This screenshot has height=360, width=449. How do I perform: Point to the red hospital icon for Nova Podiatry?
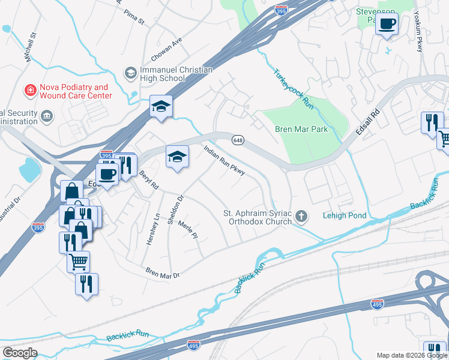point(28,91)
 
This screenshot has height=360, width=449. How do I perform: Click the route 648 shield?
point(238,140)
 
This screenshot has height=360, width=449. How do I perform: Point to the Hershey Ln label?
point(151,230)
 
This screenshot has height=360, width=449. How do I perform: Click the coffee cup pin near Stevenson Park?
point(387,24)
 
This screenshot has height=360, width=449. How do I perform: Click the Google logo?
point(19,353)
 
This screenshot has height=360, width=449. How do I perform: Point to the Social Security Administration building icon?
point(46,114)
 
